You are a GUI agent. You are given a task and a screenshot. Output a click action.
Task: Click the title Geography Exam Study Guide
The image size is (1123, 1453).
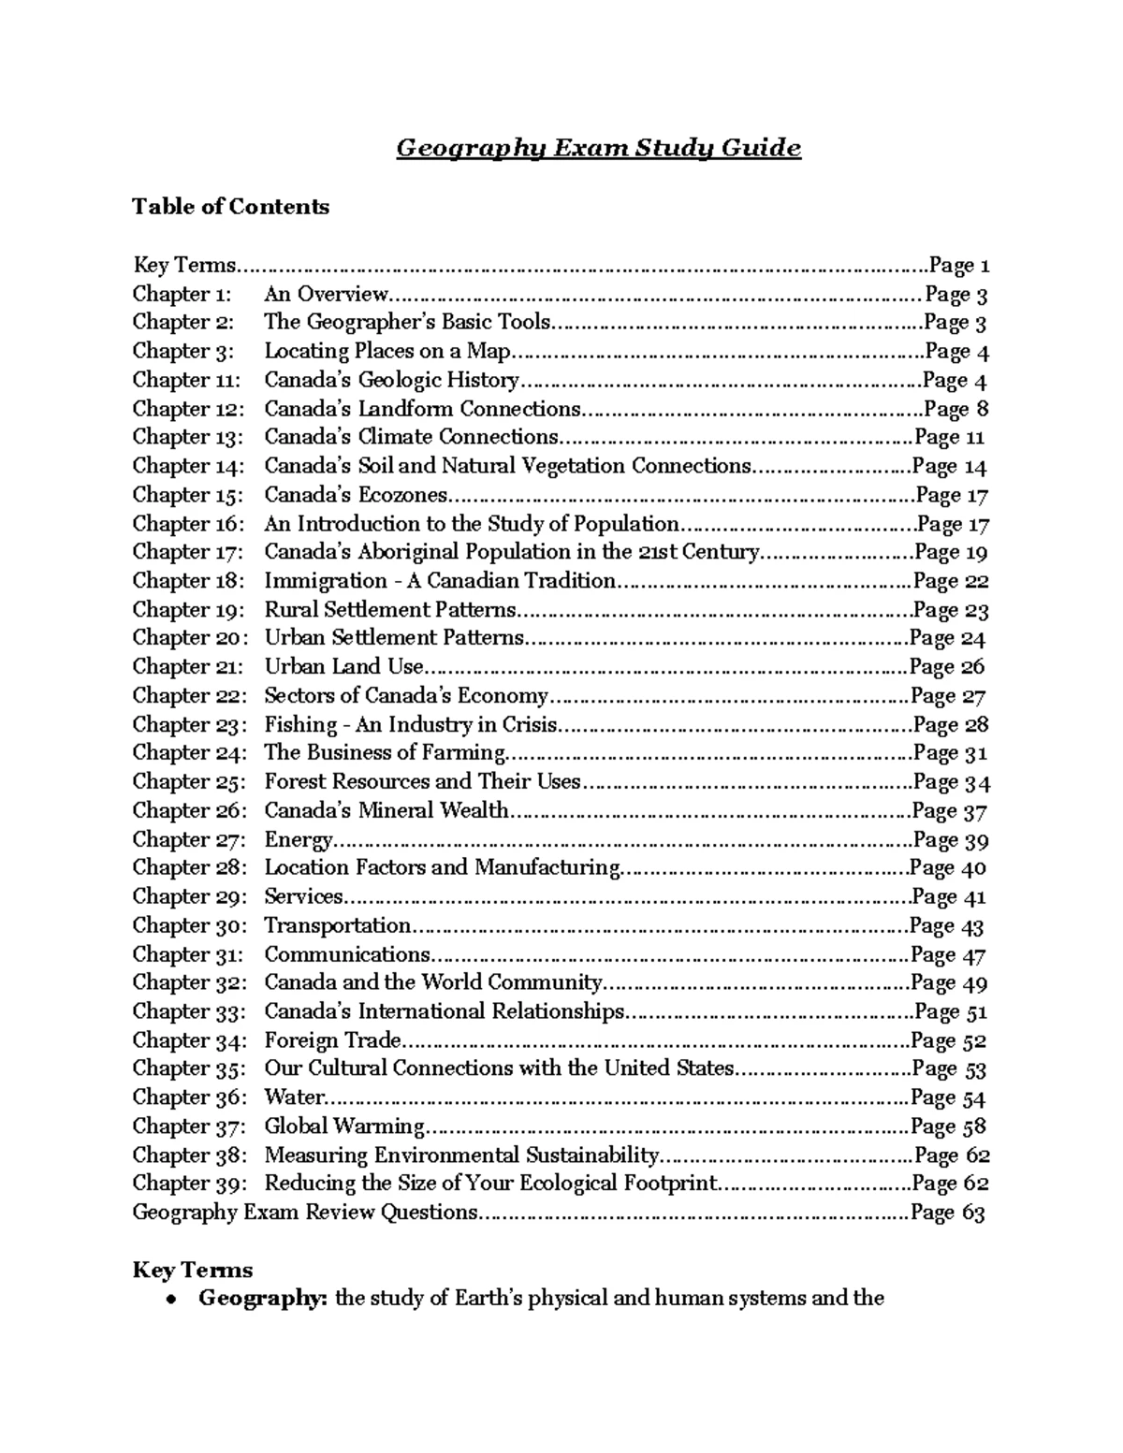[599, 148]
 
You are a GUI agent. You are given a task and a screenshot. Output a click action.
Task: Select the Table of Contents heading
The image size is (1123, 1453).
[230, 206]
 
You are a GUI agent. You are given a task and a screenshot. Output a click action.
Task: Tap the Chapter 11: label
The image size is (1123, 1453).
[186, 380]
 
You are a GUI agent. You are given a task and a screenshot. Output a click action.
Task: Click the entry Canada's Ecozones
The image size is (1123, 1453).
[356, 495]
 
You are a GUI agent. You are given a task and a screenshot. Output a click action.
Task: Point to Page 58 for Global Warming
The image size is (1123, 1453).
[949, 1126]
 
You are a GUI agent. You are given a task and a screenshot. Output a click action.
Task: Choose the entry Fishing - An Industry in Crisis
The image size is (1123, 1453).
[411, 725]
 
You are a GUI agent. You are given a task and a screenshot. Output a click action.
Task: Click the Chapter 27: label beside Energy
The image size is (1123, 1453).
[188, 840]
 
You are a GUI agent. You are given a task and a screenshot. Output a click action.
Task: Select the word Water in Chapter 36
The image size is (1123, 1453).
[294, 1097]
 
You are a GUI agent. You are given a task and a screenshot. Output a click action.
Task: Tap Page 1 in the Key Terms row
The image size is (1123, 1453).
[958, 266]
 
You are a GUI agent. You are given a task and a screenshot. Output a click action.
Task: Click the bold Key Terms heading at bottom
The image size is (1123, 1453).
[193, 1270]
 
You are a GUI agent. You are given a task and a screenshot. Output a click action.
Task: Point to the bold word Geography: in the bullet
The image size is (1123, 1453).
[263, 1299]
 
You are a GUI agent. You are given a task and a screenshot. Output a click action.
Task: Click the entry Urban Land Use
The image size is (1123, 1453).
[343, 667]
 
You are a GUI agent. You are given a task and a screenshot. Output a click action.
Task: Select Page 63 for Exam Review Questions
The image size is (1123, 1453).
[947, 1213]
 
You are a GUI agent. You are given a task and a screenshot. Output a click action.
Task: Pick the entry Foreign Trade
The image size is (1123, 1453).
[332, 1040]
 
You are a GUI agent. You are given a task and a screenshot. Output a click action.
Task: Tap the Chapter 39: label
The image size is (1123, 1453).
[188, 1184]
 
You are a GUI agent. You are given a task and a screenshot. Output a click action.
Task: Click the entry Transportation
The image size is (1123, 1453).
[337, 926]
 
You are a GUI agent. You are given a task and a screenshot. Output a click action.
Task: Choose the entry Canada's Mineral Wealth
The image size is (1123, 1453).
[386, 811]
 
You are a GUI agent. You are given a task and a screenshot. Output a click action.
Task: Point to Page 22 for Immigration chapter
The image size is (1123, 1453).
[951, 581]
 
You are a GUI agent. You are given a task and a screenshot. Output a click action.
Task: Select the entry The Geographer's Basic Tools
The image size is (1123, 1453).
[407, 323]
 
